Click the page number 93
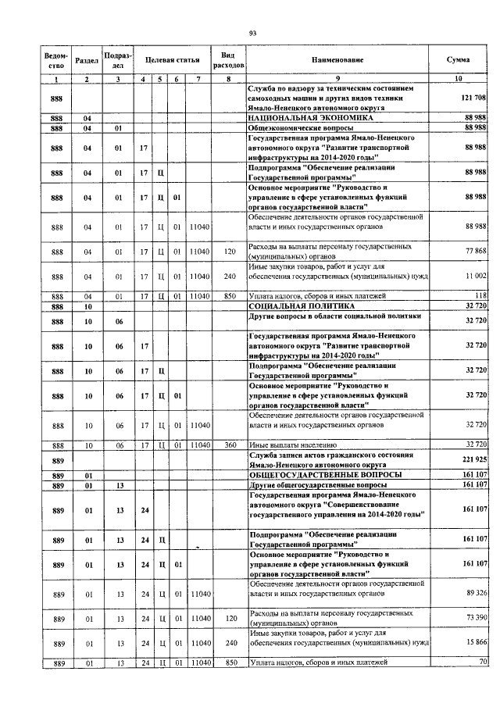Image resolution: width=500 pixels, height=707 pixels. click(x=252, y=32)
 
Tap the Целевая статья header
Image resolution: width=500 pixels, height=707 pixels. click(x=173, y=60)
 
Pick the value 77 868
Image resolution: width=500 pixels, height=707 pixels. click(x=475, y=250)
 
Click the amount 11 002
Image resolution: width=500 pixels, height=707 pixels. click(x=475, y=276)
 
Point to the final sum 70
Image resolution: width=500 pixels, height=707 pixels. click(x=483, y=663)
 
